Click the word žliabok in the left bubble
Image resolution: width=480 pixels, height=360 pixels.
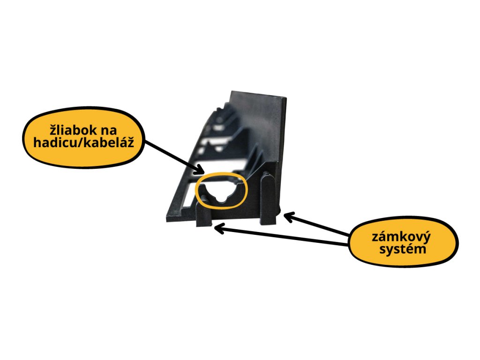74,130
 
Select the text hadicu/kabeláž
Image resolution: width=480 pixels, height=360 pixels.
83,142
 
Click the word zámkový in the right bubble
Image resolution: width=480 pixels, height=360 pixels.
401,237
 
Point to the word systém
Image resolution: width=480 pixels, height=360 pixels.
403,248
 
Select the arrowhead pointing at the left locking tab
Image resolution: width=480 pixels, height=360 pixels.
220,229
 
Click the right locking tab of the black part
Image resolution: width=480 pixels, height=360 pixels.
269,198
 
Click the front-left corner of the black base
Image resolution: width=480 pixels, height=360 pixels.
166,220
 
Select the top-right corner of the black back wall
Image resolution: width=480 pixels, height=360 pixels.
286,98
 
